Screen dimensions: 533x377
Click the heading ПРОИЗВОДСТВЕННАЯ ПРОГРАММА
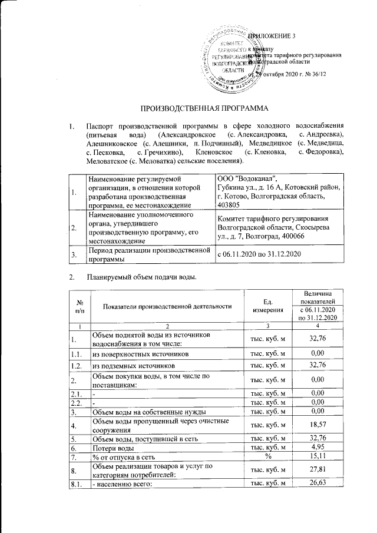pos(203,110)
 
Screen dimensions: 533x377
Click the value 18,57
pos(318,424)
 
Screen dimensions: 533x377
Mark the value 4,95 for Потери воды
pos(318,448)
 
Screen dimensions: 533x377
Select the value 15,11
pos(318,457)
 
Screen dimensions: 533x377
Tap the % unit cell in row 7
pos(268,458)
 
